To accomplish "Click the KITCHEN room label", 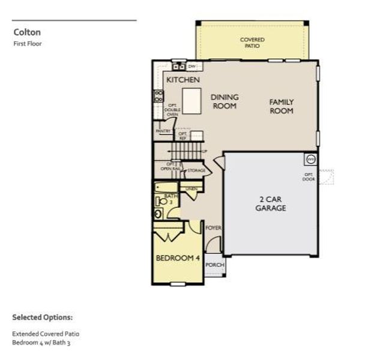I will click(183, 80).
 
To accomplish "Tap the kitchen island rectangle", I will click(192, 100).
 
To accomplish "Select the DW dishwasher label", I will click(192, 66).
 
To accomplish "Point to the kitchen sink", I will click(178, 67).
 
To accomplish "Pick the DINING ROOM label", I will click(225, 101).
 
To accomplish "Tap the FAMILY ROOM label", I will click(281, 106).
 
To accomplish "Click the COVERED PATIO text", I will click(252, 43).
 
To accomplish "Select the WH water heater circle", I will click(311, 159).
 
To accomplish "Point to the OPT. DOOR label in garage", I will click(309, 176).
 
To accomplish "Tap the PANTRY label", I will click(163, 131).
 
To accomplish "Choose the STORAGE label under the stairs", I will click(196, 170).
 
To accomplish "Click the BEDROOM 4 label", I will click(178, 258).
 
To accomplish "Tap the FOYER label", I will click(213, 228).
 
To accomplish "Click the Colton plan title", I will click(26, 32).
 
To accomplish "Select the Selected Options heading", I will click(42, 317).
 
